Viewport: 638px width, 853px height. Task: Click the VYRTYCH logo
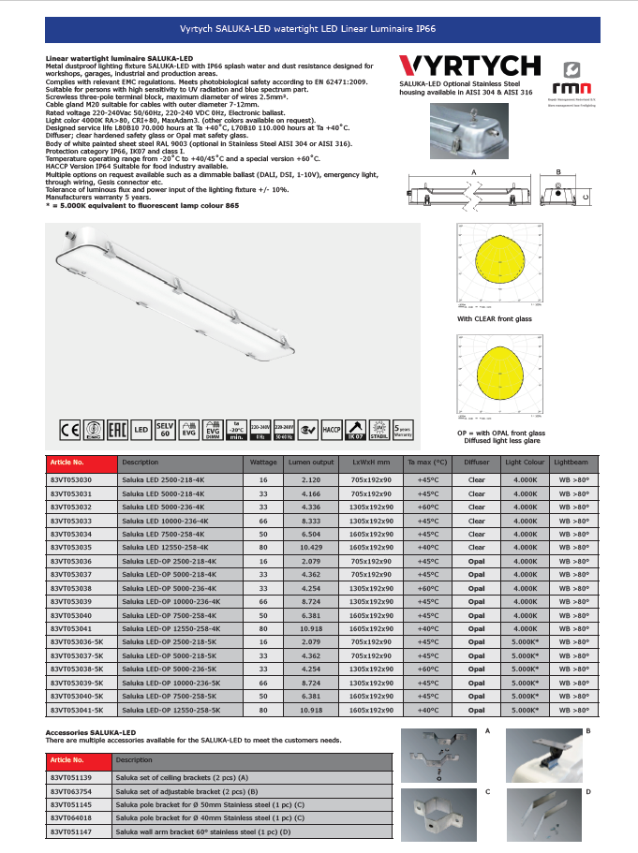point(469,65)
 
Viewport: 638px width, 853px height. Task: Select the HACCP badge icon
point(333,431)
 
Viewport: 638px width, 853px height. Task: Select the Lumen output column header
point(311,463)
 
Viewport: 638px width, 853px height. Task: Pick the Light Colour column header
point(524,463)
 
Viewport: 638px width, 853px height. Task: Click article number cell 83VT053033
point(71,520)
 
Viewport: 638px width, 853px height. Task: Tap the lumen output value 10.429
point(311,547)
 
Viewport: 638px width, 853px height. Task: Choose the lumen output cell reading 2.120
point(311,478)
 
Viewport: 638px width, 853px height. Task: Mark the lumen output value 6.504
point(311,534)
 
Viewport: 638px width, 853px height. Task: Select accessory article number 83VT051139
point(71,777)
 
